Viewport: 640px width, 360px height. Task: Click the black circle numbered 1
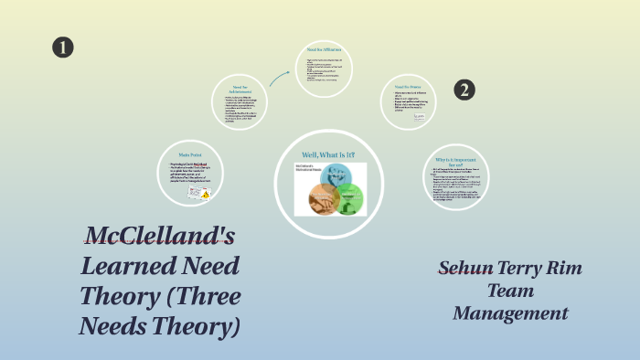(x=62, y=48)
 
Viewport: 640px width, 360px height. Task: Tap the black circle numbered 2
(x=465, y=89)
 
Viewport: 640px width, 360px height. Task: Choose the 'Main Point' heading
(x=189, y=155)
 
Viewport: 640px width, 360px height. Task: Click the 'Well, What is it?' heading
(x=328, y=154)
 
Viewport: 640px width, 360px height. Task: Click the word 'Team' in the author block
(x=510, y=291)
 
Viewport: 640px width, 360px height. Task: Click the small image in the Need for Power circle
(x=419, y=117)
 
